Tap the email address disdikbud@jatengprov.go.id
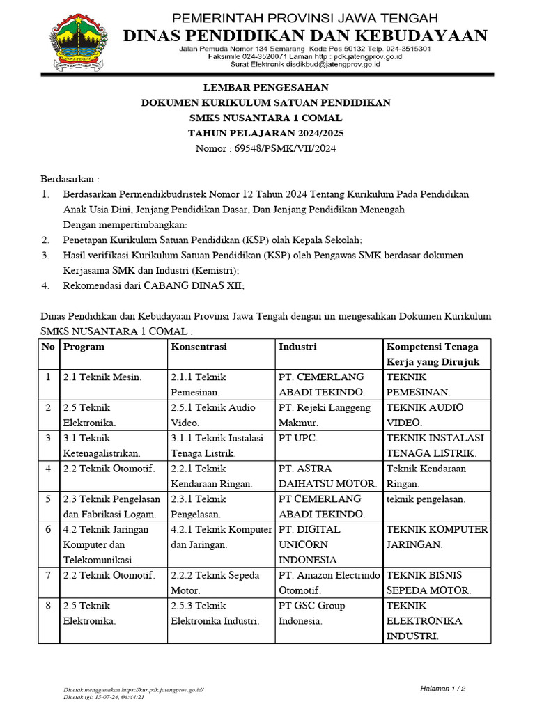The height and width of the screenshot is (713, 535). [x=325, y=64]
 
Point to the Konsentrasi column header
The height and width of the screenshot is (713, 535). [x=199, y=347]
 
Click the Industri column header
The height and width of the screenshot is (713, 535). [x=297, y=347]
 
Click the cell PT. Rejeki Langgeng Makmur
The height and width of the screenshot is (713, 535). [x=324, y=415]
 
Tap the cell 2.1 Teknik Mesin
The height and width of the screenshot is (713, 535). [x=102, y=377]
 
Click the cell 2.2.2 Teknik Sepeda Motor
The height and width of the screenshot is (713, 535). [x=215, y=582]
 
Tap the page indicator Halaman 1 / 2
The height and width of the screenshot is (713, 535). [x=442, y=688]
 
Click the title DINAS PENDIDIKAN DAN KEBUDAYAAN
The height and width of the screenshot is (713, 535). [x=305, y=36]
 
